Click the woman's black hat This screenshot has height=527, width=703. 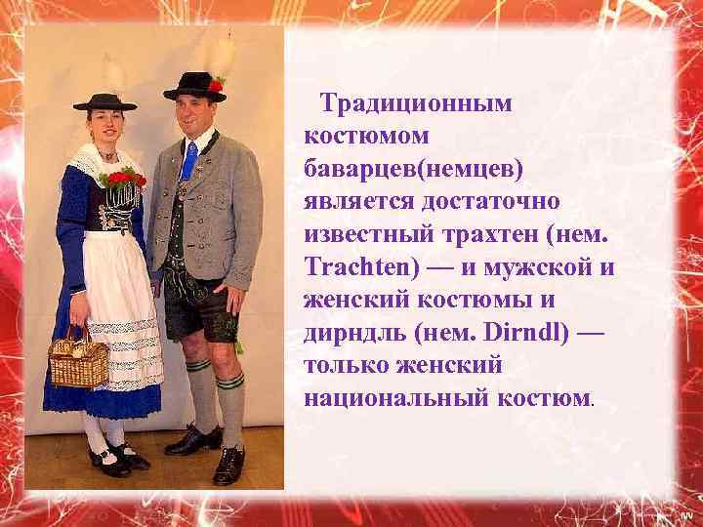point(104,101)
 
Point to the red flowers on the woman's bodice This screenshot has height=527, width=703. point(124,179)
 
